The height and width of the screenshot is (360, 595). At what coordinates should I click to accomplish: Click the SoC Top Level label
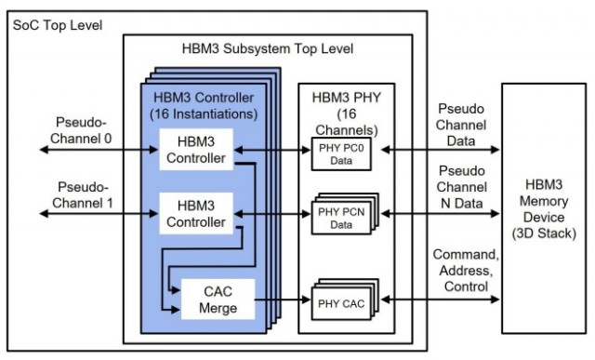coord(58,25)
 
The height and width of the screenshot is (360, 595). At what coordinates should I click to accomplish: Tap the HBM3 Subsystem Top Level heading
coord(268,48)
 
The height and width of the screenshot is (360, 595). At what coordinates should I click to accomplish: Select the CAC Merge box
coord(218,300)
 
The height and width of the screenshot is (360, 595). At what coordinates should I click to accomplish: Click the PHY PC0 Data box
coord(341,153)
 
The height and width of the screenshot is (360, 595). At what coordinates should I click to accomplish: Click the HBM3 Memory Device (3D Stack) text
coord(544,209)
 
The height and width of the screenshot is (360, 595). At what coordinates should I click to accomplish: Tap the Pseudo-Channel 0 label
coord(81,130)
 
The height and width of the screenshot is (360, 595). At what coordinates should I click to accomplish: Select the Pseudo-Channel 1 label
coord(83,194)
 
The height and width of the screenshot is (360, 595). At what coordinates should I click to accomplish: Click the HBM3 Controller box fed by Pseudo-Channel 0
coord(196,150)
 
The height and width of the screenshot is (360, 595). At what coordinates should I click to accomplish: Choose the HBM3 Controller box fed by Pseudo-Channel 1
coord(196,213)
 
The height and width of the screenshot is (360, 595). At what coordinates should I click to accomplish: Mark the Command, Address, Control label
coord(466,271)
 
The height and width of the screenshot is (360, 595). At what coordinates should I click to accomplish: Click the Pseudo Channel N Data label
coord(462,187)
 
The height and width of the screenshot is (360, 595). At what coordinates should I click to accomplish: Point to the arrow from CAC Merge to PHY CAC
coord(283,300)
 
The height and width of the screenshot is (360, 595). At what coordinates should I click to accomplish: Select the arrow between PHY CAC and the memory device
coord(440,300)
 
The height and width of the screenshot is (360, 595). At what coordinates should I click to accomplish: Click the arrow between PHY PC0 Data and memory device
coord(440,150)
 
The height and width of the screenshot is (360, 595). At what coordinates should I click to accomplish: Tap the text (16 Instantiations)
coord(204,113)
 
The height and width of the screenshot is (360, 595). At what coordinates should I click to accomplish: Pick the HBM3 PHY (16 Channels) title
coord(347,113)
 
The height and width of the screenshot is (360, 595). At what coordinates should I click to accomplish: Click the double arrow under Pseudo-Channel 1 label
coord(99,214)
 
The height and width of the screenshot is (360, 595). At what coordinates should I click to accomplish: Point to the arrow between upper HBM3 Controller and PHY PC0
coord(272,150)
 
